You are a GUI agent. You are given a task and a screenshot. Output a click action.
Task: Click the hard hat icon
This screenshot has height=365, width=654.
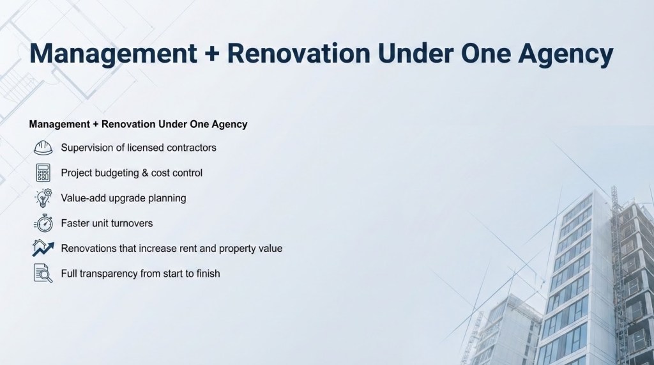coord(43,148)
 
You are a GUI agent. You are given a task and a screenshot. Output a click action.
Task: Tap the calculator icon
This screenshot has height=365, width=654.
coord(43,173)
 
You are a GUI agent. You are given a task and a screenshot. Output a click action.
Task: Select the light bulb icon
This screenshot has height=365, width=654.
coord(43,198)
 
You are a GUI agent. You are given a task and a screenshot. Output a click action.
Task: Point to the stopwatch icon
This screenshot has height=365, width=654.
coord(43,223)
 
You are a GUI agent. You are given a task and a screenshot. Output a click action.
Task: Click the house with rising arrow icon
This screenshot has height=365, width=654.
coord(43,248)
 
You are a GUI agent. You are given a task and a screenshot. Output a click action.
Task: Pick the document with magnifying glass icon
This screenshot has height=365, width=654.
coord(43,274)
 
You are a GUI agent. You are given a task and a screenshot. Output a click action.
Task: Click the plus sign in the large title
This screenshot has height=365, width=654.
coord(212,54)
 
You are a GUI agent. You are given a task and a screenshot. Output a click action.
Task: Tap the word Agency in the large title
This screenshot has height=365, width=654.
coord(566,54)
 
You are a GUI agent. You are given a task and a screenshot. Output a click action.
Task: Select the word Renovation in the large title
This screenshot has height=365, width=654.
coord(299,54)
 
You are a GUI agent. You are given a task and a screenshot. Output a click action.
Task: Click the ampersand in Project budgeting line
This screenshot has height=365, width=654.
coord(145,173)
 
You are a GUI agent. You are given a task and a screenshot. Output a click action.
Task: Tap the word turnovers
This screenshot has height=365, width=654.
coord(133,224)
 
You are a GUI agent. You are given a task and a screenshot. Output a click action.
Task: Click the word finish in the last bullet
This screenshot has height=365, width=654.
coord(209,274)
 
